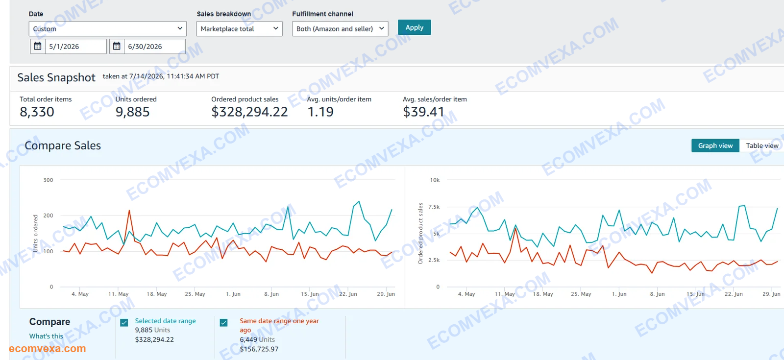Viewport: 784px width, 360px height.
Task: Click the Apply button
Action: click(x=414, y=27)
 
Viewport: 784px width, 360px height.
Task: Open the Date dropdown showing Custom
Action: click(x=107, y=29)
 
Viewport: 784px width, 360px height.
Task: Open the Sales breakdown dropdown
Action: click(x=240, y=29)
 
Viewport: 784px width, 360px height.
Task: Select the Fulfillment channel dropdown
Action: click(x=340, y=29)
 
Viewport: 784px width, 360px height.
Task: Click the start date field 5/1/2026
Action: click(x=75, y=47)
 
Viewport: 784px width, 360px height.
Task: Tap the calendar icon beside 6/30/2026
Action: click(x=117, y=46)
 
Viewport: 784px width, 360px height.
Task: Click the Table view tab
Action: click(x=762, y=145)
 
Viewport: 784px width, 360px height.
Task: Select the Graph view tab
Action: click(x=715, y=145)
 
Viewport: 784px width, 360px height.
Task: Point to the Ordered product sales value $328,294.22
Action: click(x=249, y=112)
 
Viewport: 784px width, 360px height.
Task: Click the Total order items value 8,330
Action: click(x=37, y=112)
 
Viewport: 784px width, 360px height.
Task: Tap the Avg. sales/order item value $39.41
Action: click(x=423, y=112)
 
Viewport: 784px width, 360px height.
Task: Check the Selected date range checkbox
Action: click(x=124, y=322)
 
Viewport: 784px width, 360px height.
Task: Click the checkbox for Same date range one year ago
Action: click(x=223, y=322)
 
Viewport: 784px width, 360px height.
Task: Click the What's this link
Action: click(x=46, y=336)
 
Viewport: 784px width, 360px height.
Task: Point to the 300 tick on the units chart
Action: click(x=49, y=180)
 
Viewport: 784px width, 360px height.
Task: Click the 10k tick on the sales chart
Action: click(x=435, y=180)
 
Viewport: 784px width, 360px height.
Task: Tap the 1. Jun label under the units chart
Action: click(x=233, y=294)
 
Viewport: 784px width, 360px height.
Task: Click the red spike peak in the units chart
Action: click(x=129, y=210)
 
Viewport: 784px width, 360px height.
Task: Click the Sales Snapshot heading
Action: click(x=56, y=77)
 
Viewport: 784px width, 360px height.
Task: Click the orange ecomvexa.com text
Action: click(x=47, y=348)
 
